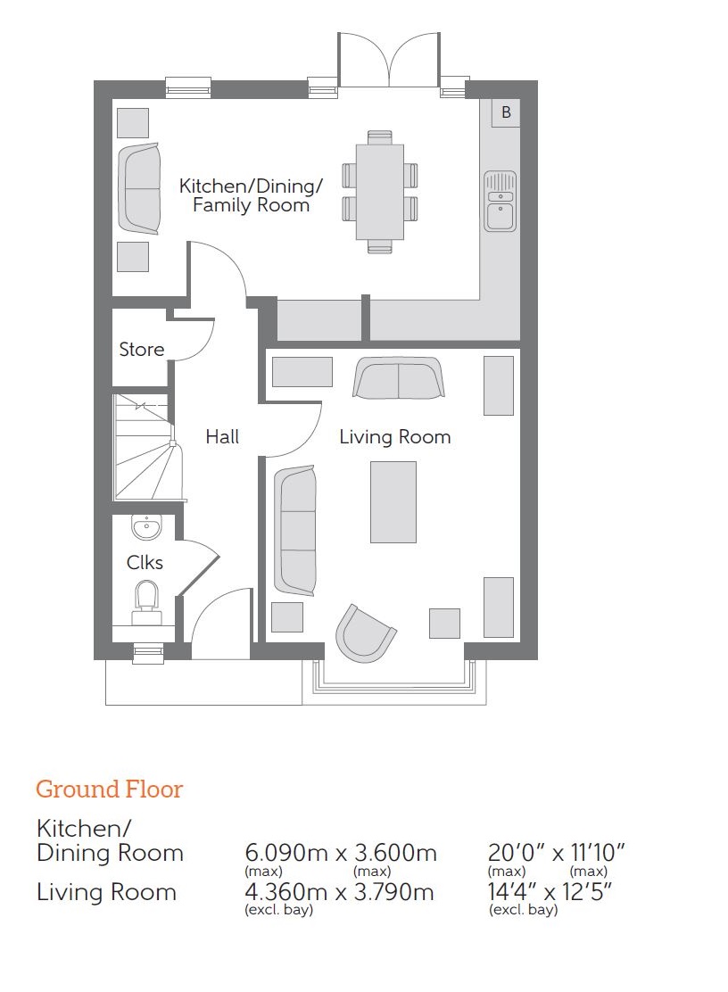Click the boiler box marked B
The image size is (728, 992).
pos(506,112)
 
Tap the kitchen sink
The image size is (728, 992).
pos(500,202)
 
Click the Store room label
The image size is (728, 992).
pos(142,349)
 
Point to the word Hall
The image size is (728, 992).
pos(222,436)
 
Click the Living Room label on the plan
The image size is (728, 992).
pos(394,437)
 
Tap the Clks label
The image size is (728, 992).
pos(145,562)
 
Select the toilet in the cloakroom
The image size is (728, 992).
pos(146,604)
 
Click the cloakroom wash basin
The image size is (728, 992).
pos(146,527)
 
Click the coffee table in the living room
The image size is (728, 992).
pos(393,501)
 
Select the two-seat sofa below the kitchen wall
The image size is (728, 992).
pos(399,378)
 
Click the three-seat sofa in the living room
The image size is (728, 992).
pos(294,531)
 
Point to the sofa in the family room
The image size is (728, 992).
pos(139,188)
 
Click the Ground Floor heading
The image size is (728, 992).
pos(110,789)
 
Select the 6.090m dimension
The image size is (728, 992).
pos(285,853)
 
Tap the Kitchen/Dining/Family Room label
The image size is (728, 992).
pos(251,195)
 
